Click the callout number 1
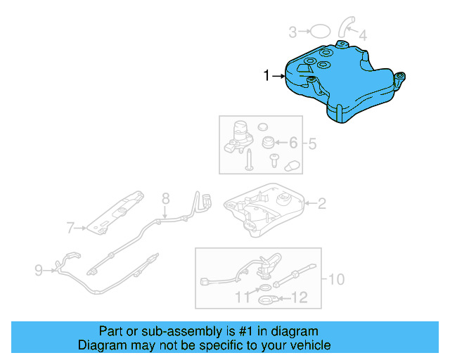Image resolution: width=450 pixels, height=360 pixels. tap(266, 75)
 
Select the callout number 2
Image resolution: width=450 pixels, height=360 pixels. tap(321, 204)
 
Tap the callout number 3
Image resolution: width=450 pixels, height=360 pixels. tap(292, 31)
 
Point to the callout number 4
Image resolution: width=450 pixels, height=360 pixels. tap(362, 34)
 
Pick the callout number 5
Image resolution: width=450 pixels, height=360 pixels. tap(312, 143)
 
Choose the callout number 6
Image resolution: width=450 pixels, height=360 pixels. tap(293, 143)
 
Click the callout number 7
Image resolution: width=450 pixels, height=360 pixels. tap(70, 227)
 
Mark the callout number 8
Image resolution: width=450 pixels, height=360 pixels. tap(166, 198)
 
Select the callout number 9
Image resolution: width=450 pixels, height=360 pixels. tap(39, 268)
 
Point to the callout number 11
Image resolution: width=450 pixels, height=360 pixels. tap(242, 298)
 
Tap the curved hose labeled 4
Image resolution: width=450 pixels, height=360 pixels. tap(345, 25)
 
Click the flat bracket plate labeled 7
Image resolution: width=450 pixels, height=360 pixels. tap(116, 212)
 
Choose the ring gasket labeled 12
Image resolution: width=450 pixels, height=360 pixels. tap(268, 301)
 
